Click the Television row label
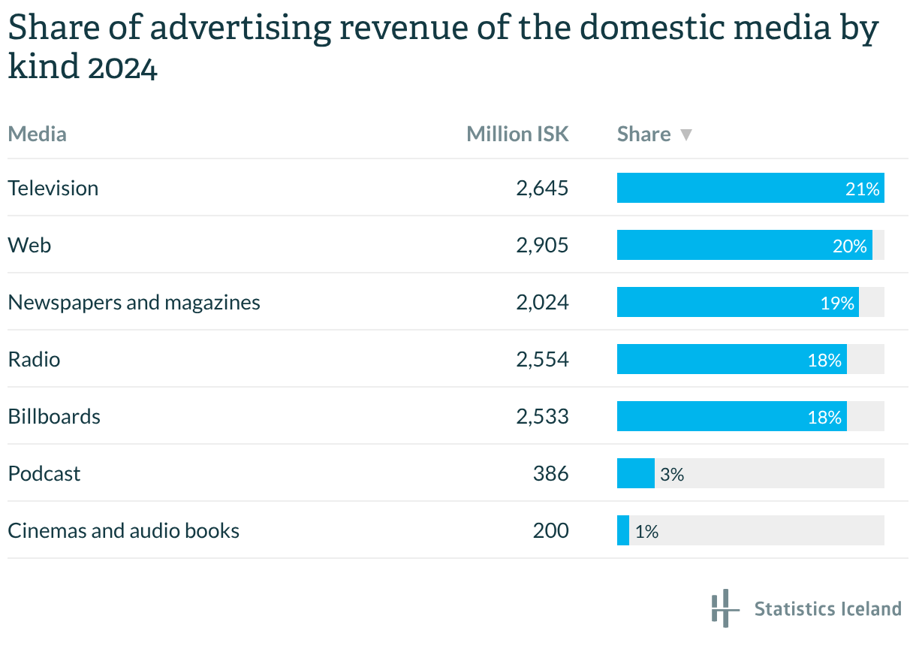pyautogui.click(x=53, y=188)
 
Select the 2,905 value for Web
pyautogui.click(x=542, y=245)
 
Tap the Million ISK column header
pyautogui.click(x=517, y=134)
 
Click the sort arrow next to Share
pyautogui.click(x=685, y=134)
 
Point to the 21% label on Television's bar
pyautogui.click(x=862, y=189)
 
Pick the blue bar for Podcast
pyautogui.click(x=635, y=473)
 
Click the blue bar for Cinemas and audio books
pyautogui.click(x=623, y=530)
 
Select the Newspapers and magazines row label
pyautogui.click(x=134, y=302)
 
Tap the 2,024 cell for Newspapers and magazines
pyautogui.click(x=542, y=302)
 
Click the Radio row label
pyautogui.click(x=34, y=359)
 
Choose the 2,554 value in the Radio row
pyautogui.click(x=542, y=359)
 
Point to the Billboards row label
pyautogui.click(x=54, y=416)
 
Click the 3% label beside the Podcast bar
pyautogui.click(x=672, y=474)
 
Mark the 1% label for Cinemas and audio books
pyautogui.click(x=646, y=531)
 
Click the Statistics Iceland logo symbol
pyautogui.click(x=722, y=608)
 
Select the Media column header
pyautogui.click(x=38, y=134)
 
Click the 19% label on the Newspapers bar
pyautogui.click(x=837, y=303)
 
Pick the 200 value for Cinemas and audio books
pyautogui.click(x=551, y=530)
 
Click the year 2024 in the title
pyautogui.click(x=122, y=68)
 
